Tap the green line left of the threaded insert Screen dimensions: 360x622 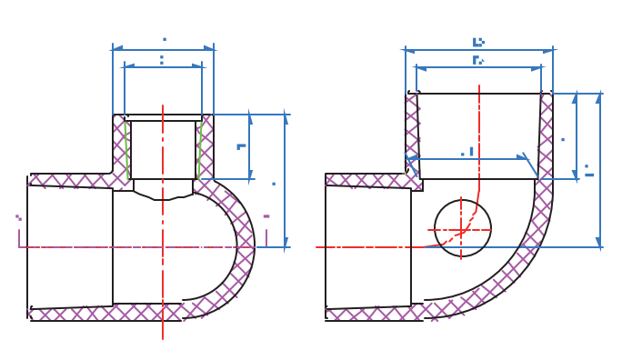point(126,150)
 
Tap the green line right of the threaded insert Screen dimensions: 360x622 point(198,150)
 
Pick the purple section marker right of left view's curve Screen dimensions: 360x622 point(266,232)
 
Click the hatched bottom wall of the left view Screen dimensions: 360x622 point(100,313)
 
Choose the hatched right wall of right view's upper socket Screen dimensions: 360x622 point(546,136)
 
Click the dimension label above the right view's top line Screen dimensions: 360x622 point(478,42)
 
